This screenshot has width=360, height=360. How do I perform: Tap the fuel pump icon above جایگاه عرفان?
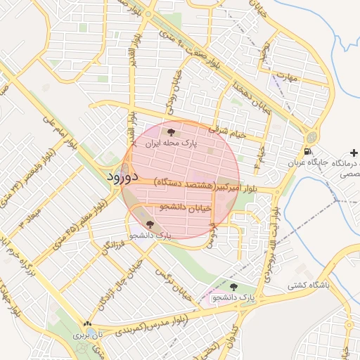[307, 151]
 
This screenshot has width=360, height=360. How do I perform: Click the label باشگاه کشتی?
[308, 286]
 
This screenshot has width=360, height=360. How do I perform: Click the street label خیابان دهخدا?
[250, 96]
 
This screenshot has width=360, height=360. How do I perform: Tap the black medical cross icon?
[353, 152]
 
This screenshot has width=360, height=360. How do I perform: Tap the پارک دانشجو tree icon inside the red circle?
[149, 224]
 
